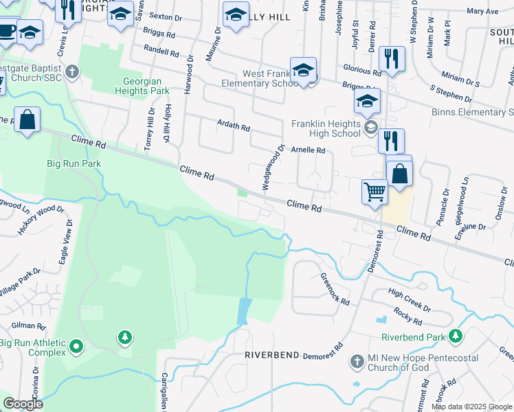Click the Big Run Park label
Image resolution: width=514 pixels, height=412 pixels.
tap(74, 163)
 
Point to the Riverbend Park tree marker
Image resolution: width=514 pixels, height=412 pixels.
tap(454, 336)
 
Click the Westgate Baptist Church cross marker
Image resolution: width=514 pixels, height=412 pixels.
tap(72, 71)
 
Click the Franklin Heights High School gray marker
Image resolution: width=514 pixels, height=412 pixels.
tap(371, 126)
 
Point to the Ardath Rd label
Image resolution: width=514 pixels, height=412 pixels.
tap(233, 128)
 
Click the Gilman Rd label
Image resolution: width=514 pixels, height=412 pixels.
tap(28, 327)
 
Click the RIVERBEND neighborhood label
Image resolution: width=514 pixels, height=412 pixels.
tap(272, 355)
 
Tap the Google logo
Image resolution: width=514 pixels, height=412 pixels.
tap(23, 404)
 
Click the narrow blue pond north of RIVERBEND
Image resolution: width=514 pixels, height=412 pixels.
tap(243, 311)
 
